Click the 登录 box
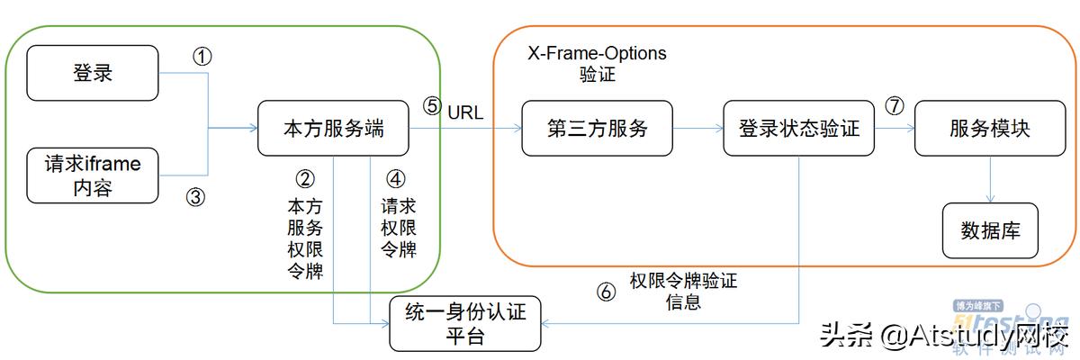[93, 73]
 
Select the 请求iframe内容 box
[93, 175]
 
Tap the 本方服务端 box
[333, 129]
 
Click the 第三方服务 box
[597, 129]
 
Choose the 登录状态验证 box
[799, 129]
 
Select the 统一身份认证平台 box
[465, 323]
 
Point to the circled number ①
[202, 57]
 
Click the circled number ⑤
[432, 106]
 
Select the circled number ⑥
[607, 292]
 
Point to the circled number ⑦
[894, 106]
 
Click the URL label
[465, 112]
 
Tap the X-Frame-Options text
[597, 53]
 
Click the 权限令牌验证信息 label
[683, 291]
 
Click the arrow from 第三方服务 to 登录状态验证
[698, 129]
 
